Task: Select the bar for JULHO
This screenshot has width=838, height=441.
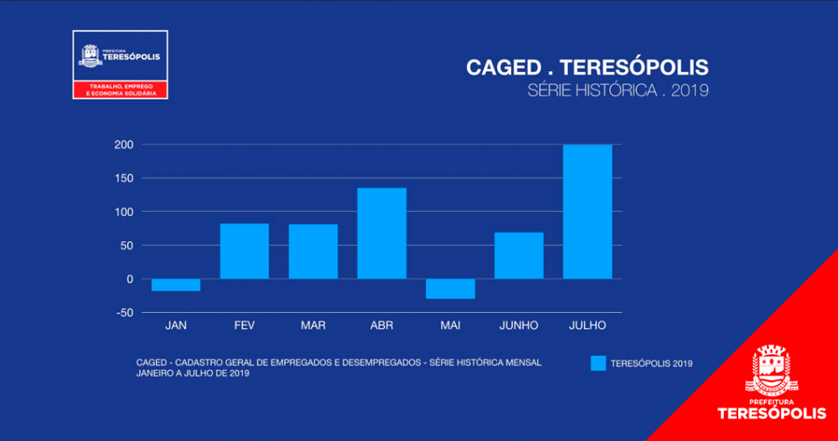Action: (587, 212)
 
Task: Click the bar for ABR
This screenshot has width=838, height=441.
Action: (381, 233)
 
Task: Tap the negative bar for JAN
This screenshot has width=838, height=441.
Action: (176, 285)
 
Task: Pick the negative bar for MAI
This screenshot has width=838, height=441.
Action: (450, 289)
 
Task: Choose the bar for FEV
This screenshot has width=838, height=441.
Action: (244, 251)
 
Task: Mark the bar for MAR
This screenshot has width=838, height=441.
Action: (313, 251)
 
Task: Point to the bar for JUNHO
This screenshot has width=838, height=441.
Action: (519, 255)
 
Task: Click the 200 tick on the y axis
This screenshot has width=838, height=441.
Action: (124, 145)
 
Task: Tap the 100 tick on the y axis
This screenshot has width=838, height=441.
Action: (124, 212)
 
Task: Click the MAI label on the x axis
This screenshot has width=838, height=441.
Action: (450, 326)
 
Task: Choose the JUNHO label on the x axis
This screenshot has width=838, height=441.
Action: (519, 326)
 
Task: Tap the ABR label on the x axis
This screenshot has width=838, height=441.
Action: (381, 326)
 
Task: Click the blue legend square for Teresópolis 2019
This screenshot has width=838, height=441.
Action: (597, 363)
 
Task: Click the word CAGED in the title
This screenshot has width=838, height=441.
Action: (504, 68)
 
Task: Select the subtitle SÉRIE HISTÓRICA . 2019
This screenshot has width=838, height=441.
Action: (618, 90)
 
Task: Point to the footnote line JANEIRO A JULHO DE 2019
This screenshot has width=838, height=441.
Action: (193, 373)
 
